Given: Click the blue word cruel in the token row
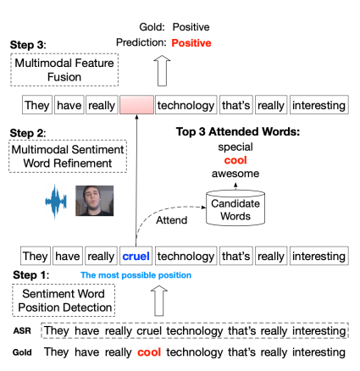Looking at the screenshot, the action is click(136, 256).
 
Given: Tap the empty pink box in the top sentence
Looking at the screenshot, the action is click(136, 105).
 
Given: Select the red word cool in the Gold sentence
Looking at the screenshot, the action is click(149, 352).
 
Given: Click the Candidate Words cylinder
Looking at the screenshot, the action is click(235, 208).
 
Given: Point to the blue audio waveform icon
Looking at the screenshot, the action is click(56, 202).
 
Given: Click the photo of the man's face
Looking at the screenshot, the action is click(95, 201).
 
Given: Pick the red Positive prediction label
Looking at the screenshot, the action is click(191, 43).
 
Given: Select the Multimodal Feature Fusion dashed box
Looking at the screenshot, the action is click(64, 69).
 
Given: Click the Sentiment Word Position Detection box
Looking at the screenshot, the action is click(64, 301).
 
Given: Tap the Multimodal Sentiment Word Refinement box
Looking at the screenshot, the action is click(68, 156).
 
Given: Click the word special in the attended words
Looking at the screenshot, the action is click(235, 147).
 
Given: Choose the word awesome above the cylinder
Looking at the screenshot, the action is click(235, 174).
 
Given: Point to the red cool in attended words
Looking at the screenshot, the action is click(235, 160).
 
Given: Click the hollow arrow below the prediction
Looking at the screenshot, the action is click(162, 70).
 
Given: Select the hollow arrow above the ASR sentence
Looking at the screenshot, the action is click(159, 301).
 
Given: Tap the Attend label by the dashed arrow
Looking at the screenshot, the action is click(172, 220).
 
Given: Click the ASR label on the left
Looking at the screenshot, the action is click(22, 330).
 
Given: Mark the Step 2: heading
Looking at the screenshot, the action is click(28, 133).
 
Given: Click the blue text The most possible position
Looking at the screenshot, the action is click(136, 275).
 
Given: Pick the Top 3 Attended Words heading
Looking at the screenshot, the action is click(238, 131).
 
